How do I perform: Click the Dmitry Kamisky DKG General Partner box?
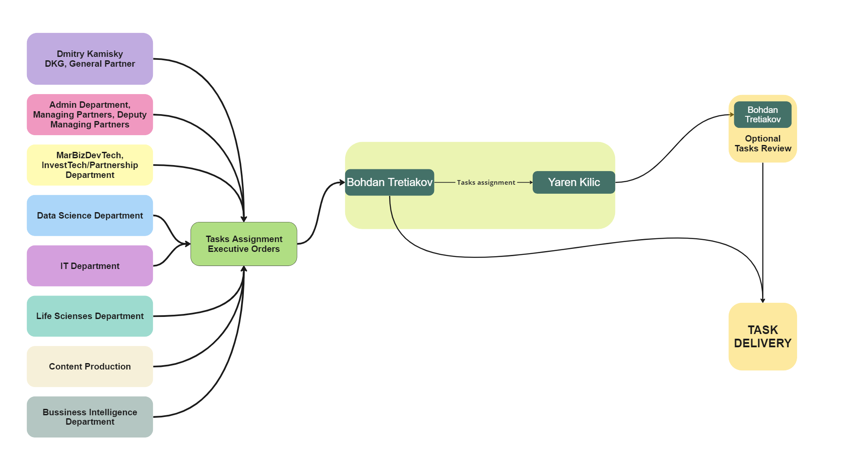pyautogui.click(x=90, y=59)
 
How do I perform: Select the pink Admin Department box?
pyautogui.click(x=90, y=115)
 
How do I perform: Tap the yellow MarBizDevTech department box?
pyautogui.click(x=90, y=165)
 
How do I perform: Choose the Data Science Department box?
pyautogui.click(x=90, y=216)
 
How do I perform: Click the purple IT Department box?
pyautogui.click(x=90, y=266)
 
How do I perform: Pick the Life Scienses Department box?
pyautogui.click(x=90, y=316)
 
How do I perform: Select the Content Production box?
pyautogui.click(x=90, y=367)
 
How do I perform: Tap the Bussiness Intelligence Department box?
pyautogui.click(x=90, y=417)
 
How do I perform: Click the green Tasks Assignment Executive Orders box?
pyautogui.click(x=244, y=244)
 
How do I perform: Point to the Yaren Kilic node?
pyautogui.click(x=574, y=183)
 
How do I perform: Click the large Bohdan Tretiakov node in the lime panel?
pyautogui.click(x=390, y=183)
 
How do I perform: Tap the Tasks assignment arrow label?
pyautogui.click(x=486, y=183)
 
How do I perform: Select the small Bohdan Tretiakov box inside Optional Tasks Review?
pyautogui.click(x=762, y=115)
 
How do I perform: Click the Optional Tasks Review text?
pyautogui.click(x=762, y=144)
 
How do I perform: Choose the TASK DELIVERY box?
pyautogui.click(x=762, y=337)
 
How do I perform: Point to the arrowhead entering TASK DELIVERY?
pyautogui.click(x=762, y=301)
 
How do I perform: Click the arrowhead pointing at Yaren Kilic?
pyautogui.click(x=531, y=183)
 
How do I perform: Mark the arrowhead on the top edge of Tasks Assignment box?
pyautogui.click(x=244, y=219)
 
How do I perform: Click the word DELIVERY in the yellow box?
pyautogui.click(x=762, y=343)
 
